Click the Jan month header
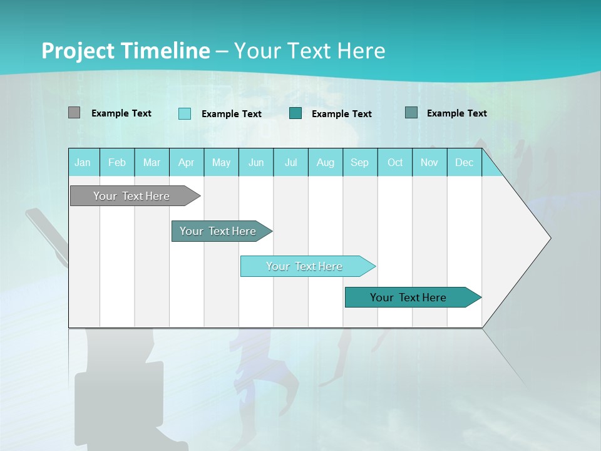coord(83,162)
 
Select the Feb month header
coord(117,162)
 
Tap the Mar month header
coord(152,162)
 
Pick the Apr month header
coord(187,162)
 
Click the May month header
coord(221,162)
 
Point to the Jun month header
coord(256,162)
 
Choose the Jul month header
coord(290,162)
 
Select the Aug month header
coord(326,162)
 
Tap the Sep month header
coord(360,162)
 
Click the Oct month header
coord(395,162)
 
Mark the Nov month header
coord(429,162)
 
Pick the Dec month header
coord(464,162)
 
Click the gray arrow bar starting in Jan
coord(132,196)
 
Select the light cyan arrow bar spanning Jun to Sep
coord(305,266)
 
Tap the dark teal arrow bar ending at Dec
coord(409,298)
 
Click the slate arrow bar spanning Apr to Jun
coord(218,231)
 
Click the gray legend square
coord(74,113)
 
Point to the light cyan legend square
coord(185,113)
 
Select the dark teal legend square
coord(295,113)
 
